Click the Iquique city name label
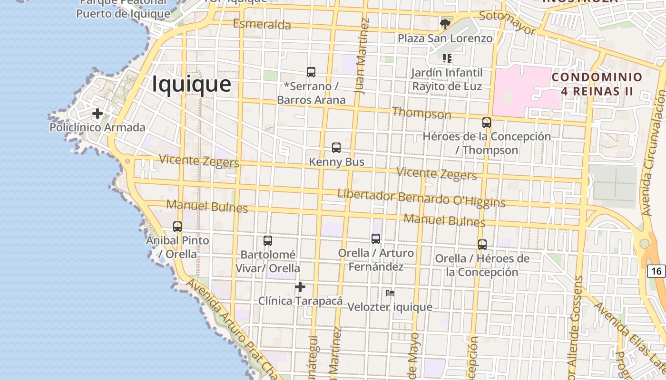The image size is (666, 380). coord(192,84)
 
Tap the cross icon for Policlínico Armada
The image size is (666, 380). coord(98,114)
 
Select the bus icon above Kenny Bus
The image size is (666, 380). coord(336,148)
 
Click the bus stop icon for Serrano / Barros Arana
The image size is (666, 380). coord(311,72)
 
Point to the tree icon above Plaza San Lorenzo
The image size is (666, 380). coord(445,24)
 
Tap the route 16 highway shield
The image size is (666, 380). coord(656,271)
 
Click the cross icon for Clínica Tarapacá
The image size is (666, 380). coord(300,286)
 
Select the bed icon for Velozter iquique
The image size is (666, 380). coord(390,293)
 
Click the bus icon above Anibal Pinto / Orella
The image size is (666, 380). coord(177,227)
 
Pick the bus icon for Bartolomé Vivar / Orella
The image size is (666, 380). coord(268,241)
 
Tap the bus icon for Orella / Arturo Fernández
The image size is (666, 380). coord(376,239)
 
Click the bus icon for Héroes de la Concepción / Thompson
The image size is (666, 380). coord(486,123)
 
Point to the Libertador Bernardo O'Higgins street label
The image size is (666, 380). coord(421,198)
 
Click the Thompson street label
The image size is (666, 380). coord(421,113)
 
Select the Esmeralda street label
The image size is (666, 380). coord(262,24)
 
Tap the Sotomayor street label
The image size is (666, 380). coord(507,22)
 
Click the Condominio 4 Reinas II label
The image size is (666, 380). coord(597,84)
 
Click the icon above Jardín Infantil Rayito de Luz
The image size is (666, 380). coord(447,58)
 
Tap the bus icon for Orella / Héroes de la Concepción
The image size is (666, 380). coord(482,245)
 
